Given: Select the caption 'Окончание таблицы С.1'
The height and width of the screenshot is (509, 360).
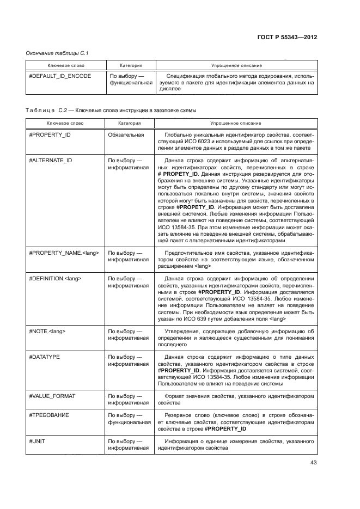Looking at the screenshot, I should [x=57, y=53].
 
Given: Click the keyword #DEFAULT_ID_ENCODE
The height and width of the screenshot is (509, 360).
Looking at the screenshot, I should [x=60, y=76].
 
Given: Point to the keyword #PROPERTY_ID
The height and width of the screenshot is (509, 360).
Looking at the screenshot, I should [x=50, y=134].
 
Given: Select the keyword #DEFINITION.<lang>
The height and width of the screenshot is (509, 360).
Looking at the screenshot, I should [x=55, y=279].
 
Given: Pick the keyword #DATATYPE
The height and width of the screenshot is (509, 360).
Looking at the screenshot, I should [x=44, y=357].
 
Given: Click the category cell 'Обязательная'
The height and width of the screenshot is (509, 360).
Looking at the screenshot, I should [x=126, y=134].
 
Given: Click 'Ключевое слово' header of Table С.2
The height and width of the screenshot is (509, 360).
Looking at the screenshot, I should [x=65, y=124].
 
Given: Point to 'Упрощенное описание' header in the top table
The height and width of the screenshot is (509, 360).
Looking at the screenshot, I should [x=235, y=65].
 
